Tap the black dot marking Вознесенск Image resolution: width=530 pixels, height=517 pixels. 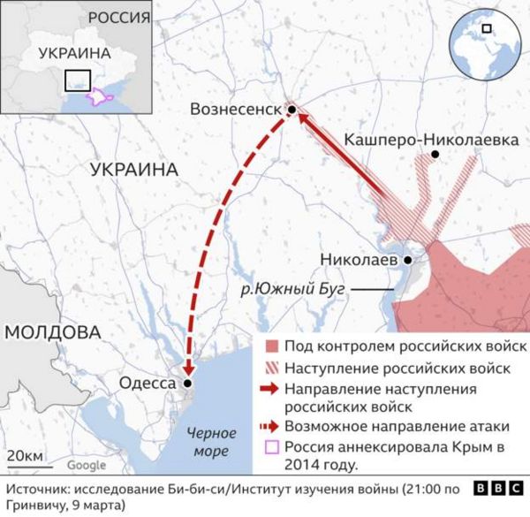(291, 109)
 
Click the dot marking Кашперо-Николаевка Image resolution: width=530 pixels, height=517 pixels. (435, 155)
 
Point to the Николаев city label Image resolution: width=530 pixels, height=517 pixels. (363, 261)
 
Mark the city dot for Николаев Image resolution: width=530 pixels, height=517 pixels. (407, 261)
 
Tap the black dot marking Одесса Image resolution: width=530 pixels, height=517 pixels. (187, 384)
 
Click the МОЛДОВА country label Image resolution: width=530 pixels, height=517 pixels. (53, 333)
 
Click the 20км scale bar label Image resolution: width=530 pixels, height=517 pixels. (24, 456)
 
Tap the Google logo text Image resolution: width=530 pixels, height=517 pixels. (87, 465)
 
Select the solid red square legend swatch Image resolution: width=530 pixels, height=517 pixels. (272, 346)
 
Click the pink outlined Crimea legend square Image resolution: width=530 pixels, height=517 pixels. (272, 446)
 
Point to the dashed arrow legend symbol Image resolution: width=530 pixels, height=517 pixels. (272, 427)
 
